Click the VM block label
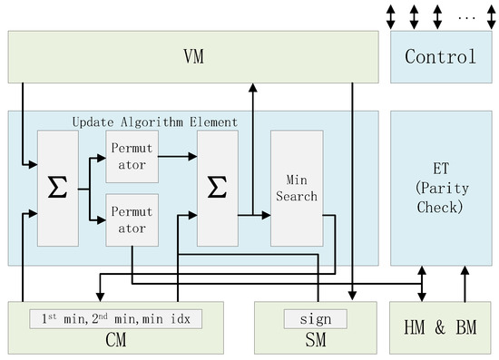pyautogui.click(x=192, y=57)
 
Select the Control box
pyautogui.click(x=440, y=57)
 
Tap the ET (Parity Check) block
pyautogui.click(x=440, y=188)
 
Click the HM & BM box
pyautogui.click(x=440, y=327)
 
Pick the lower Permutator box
pyautogui.click(x=132, y=219)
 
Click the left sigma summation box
pyautogui.click(x=56, y=189)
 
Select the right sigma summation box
pyautogui.click(x=217, y=188)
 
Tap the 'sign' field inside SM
pyautogui.click(x=315, y=319)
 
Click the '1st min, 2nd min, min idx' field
pyautogui.click(x=114, y=319)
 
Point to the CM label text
pyautogui.click(x=114, y=341)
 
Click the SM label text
pyautogui.click(x=315, y=341)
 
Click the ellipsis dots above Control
pyautogui.click(x=467, y=15)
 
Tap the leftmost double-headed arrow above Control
pyautogui.click(x=392, y=15)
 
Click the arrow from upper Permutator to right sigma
pyautogui.click(x=178, y=156)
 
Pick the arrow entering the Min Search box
pyautogui.click(x=255, y=216)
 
